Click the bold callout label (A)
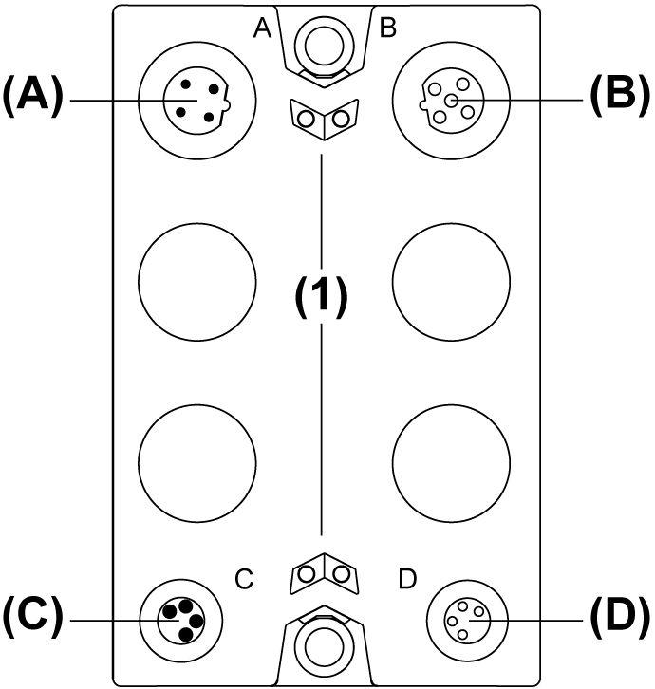point(32,99)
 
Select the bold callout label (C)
point(32,619)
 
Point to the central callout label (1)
point(320,298)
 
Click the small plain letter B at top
point(387,28)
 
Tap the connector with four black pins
point(181,618)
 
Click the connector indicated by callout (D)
point(466,618)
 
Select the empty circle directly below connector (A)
point(197,282)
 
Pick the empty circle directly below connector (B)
point(450,282)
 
